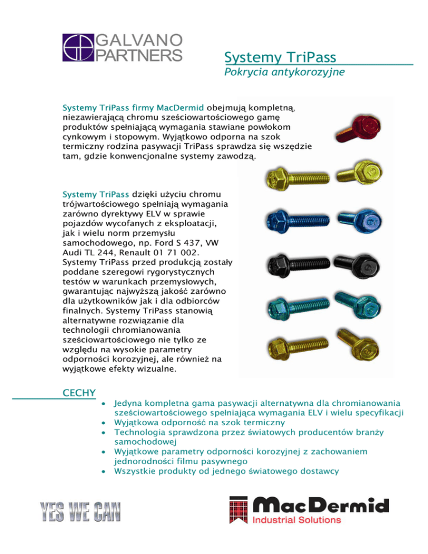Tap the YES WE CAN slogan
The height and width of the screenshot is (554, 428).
point(79,512)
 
